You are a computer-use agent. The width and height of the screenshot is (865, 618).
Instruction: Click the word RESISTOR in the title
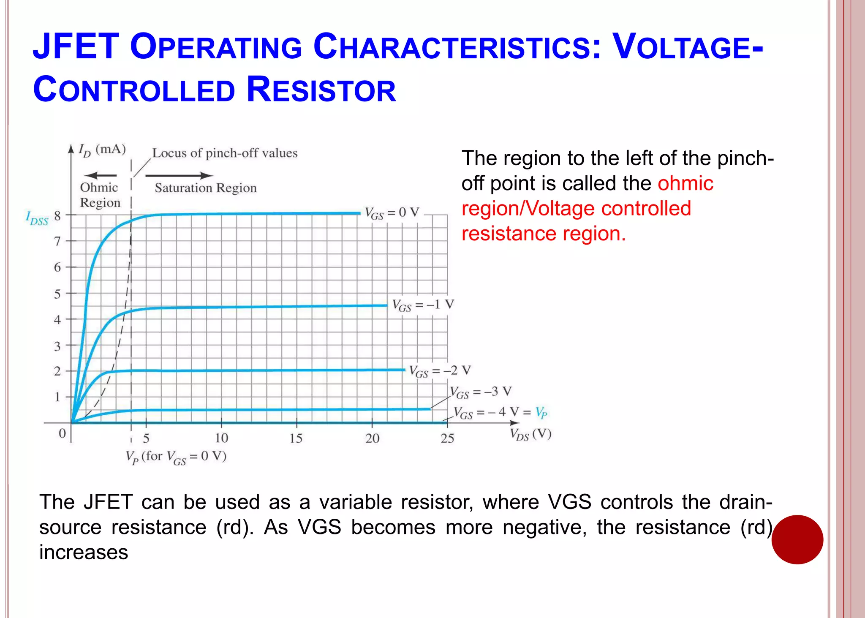(321, 90)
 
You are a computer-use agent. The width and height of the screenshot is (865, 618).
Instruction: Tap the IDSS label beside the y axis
(37, 218)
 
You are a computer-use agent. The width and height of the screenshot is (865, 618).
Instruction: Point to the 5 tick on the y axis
(57, 294)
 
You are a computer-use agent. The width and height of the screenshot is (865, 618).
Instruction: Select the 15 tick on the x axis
(296, 438)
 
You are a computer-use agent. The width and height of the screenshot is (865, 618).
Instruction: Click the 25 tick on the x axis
(447, 438)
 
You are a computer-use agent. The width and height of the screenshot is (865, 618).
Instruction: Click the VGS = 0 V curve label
(392, 213)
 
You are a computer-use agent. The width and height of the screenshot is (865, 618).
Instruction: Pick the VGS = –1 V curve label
(423, 305)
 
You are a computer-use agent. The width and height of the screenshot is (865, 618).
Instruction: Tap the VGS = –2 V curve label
(440, 371)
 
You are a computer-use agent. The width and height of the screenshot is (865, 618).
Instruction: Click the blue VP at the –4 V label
(541, 412)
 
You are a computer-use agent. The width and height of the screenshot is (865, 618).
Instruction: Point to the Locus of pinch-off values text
(225, 153)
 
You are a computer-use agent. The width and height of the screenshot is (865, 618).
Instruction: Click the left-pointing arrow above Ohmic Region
(100, 175)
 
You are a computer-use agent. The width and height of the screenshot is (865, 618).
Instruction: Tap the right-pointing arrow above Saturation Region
(179, 175)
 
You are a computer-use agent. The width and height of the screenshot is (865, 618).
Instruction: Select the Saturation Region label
(206, 188)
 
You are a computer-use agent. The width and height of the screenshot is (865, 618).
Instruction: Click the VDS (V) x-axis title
(530, 434)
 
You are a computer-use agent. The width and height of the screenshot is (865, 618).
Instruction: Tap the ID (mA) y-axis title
(102, 150)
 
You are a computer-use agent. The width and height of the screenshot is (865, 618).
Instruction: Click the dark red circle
(797, 539)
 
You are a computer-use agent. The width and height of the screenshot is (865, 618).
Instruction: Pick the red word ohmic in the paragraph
(685, 183)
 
